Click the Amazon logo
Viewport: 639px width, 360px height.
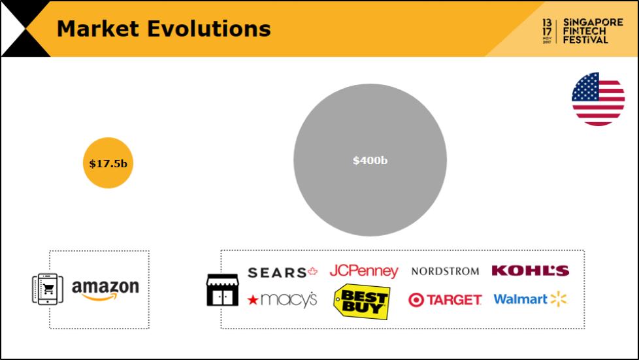106,290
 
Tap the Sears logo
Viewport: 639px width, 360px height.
282,272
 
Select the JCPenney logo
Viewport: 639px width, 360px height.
364,271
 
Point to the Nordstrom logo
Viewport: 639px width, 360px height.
445,271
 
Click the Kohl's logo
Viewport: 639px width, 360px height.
530,270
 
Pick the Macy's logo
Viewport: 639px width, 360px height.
282,300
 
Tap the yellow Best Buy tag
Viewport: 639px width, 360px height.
361,301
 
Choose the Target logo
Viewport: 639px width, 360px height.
445,300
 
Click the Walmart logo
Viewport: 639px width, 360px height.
530,299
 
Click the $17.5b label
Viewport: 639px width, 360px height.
108,163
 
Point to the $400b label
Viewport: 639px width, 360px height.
370,160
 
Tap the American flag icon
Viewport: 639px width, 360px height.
598,99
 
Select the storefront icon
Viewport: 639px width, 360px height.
223,290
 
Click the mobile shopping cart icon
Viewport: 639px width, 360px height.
48,289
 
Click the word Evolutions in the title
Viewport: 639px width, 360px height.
208,29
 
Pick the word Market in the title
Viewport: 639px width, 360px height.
98,29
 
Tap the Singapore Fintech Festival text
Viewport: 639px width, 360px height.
593,31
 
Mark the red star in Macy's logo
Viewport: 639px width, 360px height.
253,301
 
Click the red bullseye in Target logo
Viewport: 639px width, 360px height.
416,300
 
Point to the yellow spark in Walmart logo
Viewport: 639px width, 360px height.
559,299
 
